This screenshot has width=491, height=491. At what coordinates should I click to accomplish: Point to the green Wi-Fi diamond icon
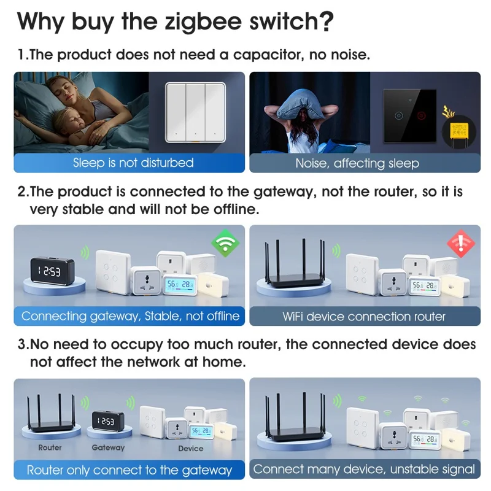(x=225, y=244)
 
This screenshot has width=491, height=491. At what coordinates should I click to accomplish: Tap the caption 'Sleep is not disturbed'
(x=133, y=163)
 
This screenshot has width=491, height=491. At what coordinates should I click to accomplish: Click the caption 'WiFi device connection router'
(x=363, y=317)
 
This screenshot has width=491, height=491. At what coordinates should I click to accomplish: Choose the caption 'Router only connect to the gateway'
(x=130, y=471)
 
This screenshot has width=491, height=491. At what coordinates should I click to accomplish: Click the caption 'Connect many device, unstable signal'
(x=364, y=470)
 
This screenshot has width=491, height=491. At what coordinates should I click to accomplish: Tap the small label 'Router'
(x=50, y=447)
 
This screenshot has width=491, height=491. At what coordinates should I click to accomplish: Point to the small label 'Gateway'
(x=108, y=447)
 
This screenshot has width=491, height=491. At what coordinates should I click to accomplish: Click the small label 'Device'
(x=190, y=448)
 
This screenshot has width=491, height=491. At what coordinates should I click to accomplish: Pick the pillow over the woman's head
(x=303, y=100)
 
